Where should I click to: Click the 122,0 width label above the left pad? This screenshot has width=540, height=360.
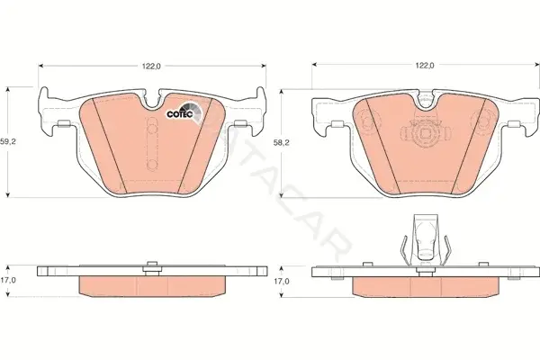coord(152,66)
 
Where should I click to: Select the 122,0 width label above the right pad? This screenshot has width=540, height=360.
coord(425,66)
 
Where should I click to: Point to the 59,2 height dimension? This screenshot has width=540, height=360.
coord(8,141)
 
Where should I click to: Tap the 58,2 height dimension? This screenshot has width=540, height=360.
coord(282,143)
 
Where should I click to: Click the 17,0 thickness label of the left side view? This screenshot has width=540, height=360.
coord(8,280)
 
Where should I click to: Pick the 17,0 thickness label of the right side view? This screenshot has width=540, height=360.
coord(282,281)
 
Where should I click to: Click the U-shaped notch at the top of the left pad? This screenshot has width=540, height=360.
coord(152,100)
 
